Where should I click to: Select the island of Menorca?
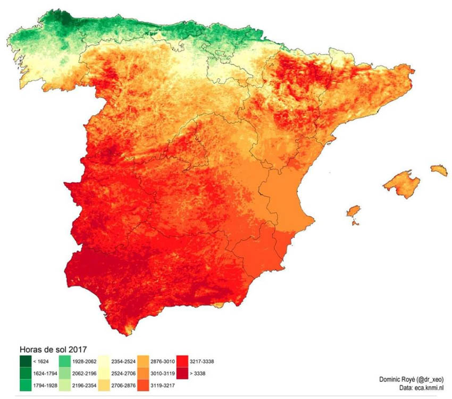(439, 170)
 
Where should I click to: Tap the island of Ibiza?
(353, 212)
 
